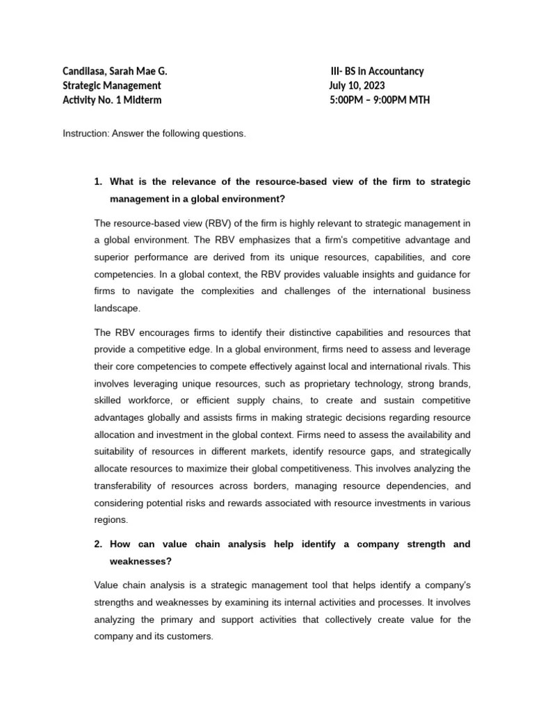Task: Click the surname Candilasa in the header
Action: pos(86,71)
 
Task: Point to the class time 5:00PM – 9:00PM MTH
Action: pos(380,99)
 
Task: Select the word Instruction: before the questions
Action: pos(85,133)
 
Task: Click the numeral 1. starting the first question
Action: pos(98,181)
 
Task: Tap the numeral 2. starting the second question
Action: pos(98,544)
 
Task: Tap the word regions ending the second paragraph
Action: pos(109,519)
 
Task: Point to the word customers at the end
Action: pos(191,636)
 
